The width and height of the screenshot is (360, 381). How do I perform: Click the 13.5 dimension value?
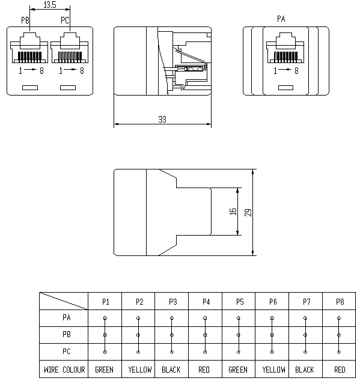(50, 5)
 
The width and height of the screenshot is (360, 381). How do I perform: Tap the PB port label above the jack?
(25, 20)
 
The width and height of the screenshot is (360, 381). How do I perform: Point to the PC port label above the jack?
(65, 20)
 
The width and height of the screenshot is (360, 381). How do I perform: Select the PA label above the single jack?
(281, 19)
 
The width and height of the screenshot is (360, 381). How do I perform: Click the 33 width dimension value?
(162, 120)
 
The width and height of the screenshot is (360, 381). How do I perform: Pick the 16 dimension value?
(233, 212)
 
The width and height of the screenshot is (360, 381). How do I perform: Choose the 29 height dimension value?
(248, 212)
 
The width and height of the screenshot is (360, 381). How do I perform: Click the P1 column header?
(106, 302)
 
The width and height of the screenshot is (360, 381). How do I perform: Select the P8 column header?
(340, 302)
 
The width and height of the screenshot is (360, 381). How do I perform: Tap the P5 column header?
(240, 302)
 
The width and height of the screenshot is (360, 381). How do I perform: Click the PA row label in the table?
(66, 317)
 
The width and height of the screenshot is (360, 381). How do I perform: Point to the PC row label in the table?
(66, 351)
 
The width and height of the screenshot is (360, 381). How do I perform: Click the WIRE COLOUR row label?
(64, 370)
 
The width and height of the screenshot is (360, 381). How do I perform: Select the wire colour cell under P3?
(171, 370)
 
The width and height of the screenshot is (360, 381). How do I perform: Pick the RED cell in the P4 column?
(204, 370)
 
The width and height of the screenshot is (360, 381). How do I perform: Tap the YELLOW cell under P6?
(273, 370)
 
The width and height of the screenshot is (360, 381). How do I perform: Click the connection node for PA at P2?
(138, 318)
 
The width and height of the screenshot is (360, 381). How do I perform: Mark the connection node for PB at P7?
(305, 335)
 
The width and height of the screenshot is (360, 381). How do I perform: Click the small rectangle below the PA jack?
(285, 88)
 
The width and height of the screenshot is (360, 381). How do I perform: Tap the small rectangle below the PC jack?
(68, 88)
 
